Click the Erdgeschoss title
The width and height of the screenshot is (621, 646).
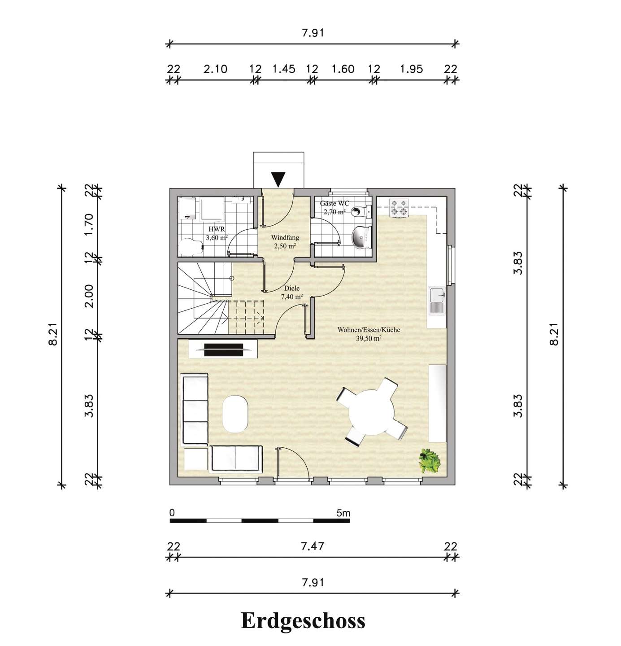(303, 621)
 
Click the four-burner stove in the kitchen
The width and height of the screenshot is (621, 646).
(399, 208)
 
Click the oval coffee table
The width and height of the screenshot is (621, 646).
(235, 413)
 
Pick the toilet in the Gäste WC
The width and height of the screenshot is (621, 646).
(361, 211)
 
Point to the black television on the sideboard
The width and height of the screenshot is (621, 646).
(223, 350)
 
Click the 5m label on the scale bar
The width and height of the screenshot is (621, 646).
(343, 513)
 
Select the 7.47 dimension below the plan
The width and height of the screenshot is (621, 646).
(313, 546)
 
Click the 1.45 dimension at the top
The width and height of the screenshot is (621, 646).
(284, 69)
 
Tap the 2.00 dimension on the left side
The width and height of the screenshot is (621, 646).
(89, 296)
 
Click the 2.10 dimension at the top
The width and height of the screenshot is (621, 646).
(215, 69)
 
